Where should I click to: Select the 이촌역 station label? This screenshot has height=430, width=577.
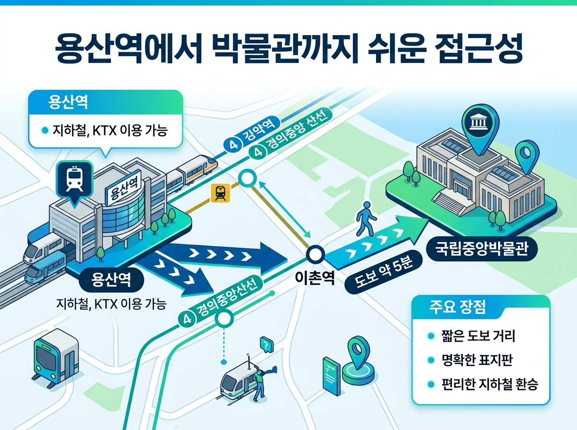[x=315, y=279]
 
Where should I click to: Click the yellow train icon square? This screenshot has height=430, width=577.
[x=220, y=193]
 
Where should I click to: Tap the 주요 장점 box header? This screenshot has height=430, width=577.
[x=457, y=308]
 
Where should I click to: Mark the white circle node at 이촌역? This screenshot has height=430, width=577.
[x=315, y=253]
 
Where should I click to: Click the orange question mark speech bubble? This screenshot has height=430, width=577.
[x=266, y=344]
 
